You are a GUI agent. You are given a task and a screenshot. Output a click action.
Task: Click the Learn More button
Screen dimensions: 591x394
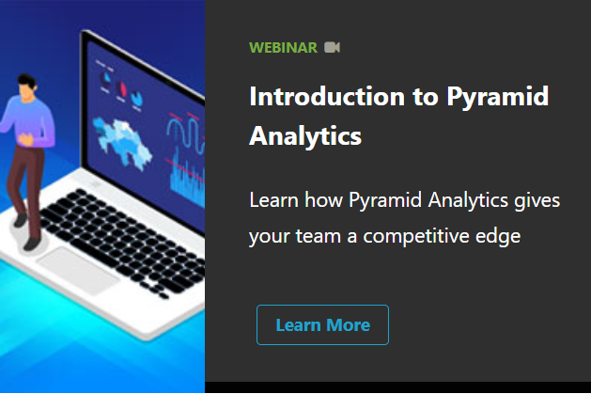(x=322, y=324)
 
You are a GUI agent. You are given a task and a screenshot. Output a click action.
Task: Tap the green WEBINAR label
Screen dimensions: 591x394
(x=283, y=48)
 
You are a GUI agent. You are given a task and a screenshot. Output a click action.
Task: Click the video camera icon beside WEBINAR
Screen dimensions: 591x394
(x=332, y=48)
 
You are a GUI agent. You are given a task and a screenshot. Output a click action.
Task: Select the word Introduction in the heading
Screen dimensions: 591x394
(x=327, y=97)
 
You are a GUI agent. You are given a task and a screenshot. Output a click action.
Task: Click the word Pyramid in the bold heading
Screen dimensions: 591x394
(x=498, y=98)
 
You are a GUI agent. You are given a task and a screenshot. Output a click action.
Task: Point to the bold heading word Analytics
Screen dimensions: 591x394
(x=305, y=136)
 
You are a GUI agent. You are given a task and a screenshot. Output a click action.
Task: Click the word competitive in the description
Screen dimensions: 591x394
(x=416, y=237)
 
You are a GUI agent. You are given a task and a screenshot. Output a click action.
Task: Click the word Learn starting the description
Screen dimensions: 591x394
(x=273, y=200)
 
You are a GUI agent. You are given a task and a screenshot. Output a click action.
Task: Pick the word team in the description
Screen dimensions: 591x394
(x=319, y=236)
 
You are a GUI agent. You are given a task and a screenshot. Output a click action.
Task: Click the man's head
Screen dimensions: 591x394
(x=26, y=87)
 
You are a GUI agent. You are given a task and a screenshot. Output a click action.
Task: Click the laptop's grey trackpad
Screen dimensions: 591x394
(x=78, y=270)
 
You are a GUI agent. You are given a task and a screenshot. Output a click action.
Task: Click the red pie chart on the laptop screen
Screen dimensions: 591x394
(x=122, y=89)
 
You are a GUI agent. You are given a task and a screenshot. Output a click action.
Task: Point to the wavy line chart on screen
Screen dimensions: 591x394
(x=186, y=133)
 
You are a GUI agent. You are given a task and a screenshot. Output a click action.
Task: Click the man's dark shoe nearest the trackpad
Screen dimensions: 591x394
(x=32, y=244)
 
